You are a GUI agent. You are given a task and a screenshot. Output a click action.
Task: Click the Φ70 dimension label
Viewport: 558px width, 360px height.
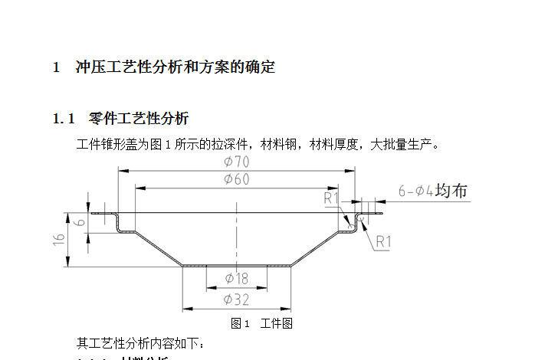point(236,162)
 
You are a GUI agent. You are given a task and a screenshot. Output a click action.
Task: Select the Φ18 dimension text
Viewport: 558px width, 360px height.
point(236,278)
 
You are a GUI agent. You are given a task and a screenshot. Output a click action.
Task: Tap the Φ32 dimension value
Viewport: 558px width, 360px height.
point(236,299)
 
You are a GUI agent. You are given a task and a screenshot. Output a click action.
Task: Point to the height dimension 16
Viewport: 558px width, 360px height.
point(60,240)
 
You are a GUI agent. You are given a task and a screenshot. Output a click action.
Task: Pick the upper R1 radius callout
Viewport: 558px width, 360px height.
point(331,199)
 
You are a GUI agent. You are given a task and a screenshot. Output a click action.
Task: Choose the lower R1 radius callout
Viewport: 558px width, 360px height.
point(383,241)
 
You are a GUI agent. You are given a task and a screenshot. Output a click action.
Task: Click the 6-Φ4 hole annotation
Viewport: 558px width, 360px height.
point(416,191)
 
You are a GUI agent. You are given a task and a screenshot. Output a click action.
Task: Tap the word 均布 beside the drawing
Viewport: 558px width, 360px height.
point(451,191)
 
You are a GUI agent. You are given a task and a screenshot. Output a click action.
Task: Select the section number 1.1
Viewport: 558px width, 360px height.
point(64,119)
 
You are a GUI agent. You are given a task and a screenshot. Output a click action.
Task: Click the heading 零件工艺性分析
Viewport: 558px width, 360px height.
point(139,119)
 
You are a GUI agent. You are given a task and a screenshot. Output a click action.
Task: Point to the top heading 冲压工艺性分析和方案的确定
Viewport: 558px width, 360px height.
point(175,67)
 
